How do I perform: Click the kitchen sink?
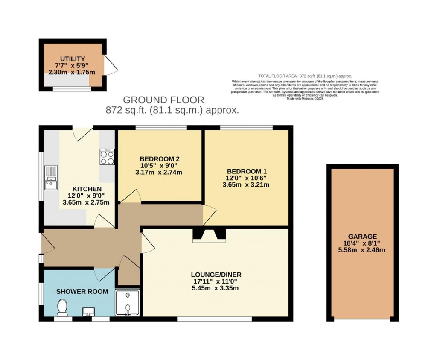pyautogui.click(x=51, y=177)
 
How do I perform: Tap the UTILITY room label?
pyautogui.click(x=72, y=59)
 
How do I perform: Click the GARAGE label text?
pyautogui.click(x=362, y=236)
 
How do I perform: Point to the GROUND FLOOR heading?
pyautogui.click(x=163, y=100)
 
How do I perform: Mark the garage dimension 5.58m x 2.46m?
pyautogui.click(x=362, y=250)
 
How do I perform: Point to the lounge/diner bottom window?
pyautogui.click(x=214, y=319)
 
